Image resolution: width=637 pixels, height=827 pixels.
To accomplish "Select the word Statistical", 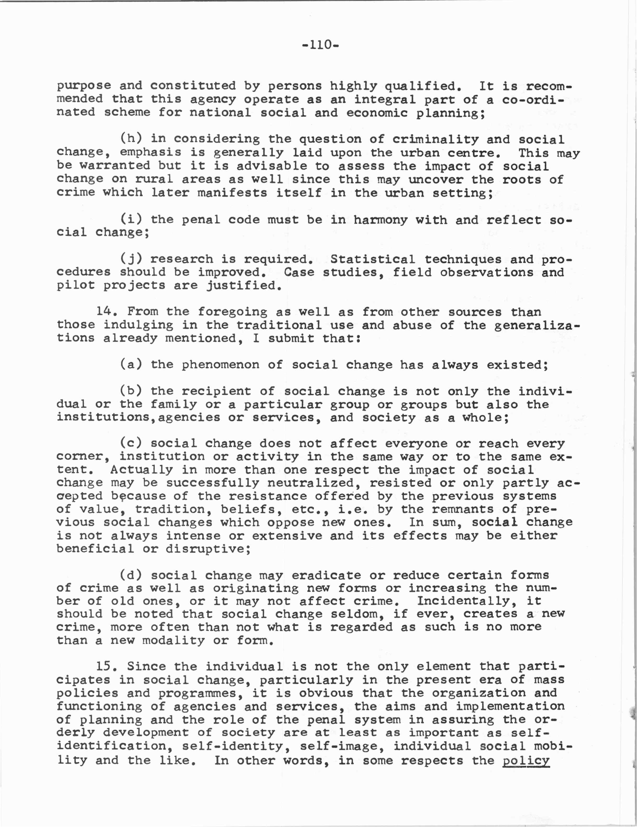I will click(373, 259).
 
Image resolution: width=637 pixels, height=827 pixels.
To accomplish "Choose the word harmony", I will click(380, 219).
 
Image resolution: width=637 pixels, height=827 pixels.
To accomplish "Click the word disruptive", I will click(208, 549).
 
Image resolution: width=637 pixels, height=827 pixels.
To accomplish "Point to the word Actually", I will click(142, 470).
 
